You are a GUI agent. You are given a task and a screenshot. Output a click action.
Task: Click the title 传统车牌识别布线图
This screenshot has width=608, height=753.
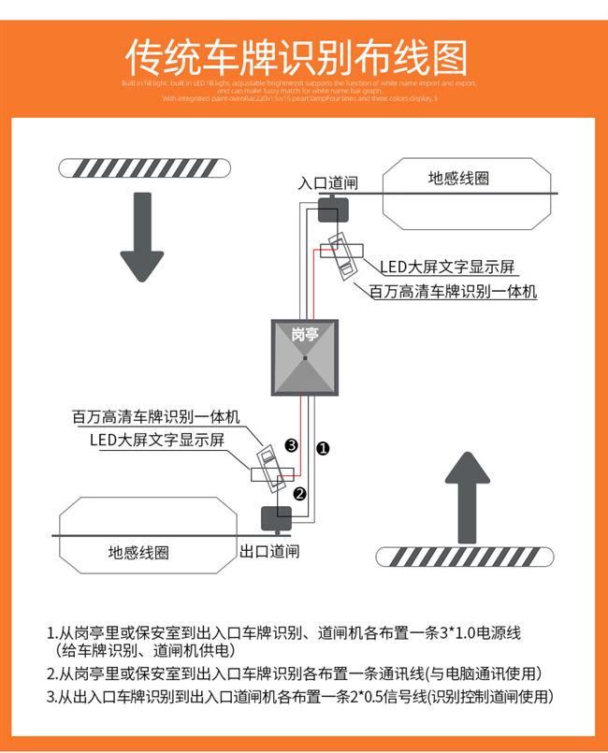297,58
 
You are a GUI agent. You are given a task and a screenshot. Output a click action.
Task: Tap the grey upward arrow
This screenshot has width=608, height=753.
467,495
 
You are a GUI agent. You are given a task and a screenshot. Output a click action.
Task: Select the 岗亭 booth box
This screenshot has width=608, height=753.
305,358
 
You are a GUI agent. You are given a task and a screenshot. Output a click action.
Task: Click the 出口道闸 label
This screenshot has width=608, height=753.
270,552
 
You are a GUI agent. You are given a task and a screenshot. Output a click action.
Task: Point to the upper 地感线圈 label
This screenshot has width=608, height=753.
458,179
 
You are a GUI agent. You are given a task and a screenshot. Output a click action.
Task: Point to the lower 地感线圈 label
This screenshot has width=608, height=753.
138,553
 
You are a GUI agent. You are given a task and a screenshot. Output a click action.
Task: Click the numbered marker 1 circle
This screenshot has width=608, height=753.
323,448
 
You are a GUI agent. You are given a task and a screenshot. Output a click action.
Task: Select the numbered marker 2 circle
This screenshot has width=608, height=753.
299,494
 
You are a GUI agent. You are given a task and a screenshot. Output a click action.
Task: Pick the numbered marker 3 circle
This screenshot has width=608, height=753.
292,445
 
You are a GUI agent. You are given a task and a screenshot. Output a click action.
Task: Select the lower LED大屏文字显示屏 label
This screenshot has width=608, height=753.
157,441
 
